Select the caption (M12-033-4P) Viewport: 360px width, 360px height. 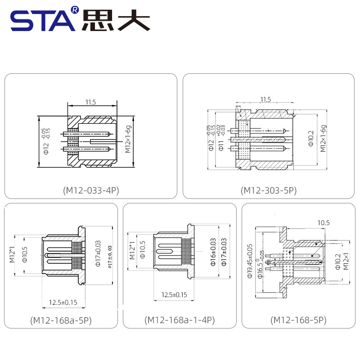click(90, 190)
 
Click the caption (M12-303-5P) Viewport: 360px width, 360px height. click(269, 190)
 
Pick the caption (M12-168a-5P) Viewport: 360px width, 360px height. click(61, 320)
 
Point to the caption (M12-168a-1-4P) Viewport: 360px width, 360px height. click(180, 320)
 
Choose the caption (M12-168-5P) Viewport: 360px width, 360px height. click(298, 320)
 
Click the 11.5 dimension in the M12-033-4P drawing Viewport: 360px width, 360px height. click(90, 102)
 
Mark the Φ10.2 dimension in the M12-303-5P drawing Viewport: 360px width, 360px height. click(310, 139)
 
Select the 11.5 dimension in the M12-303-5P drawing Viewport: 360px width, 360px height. click(265, 99)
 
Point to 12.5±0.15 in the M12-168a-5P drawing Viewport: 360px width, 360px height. click(63, 302)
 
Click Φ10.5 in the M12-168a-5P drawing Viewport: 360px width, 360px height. click(25, 255)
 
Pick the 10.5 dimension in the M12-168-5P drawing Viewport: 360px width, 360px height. click(324, 222)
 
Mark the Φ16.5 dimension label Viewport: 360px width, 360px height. click(260, 268)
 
